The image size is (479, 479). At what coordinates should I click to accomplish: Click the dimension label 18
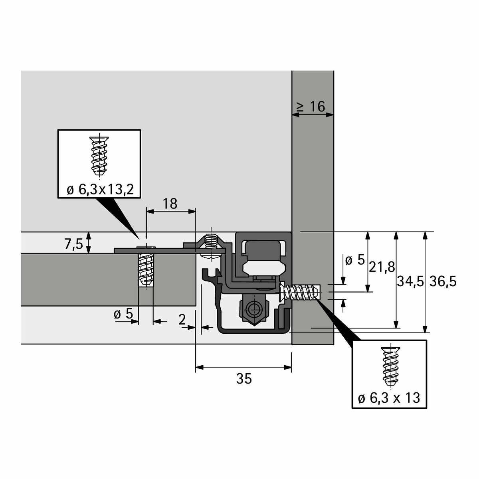(170, 204)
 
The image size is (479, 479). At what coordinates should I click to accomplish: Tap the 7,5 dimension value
(73, 244)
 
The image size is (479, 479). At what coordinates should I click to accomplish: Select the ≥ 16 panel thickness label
(311, 107)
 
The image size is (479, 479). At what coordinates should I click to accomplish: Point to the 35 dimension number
(244, 378)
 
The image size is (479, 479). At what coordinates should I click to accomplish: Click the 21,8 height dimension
(382, 267)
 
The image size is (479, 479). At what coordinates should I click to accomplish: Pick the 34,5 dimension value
(410, 282)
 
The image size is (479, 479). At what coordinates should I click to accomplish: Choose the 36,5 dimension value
(443, 282)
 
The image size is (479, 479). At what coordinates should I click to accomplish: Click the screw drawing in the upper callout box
(99, 156)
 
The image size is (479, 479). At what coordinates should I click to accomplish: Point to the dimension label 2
(182, 319)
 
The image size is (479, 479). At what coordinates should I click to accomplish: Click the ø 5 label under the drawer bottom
(123, 315)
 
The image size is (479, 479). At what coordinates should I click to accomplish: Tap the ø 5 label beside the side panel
(355, 261)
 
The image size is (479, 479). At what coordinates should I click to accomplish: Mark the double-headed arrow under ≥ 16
(313, 115)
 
